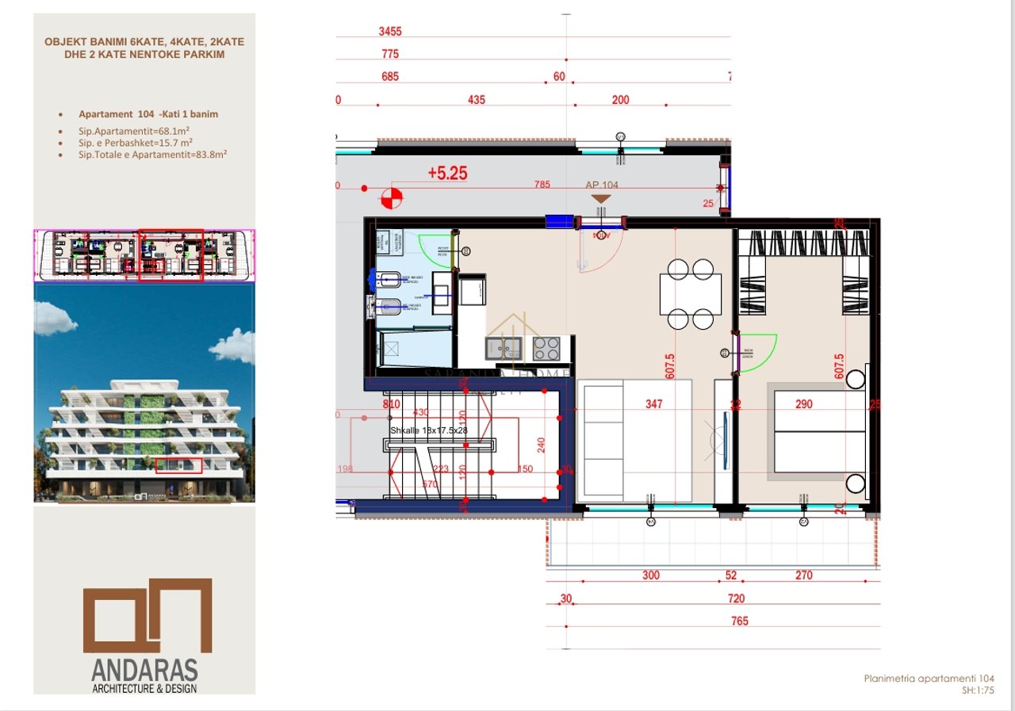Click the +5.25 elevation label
[447, 173]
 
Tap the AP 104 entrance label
[601, 185]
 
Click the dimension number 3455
[390, 32]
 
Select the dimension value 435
[477, 100]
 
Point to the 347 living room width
[653, 404]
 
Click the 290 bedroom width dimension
[804, 404]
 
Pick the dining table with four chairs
[691, 294]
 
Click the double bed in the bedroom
[817, 432]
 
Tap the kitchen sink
[503, 347]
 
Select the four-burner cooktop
[546, 347]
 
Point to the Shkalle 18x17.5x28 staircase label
[429, 430]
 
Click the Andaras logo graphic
[148, 615]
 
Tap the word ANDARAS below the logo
[144, 671]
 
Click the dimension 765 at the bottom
[739, 621]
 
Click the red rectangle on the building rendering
[178, 465]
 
